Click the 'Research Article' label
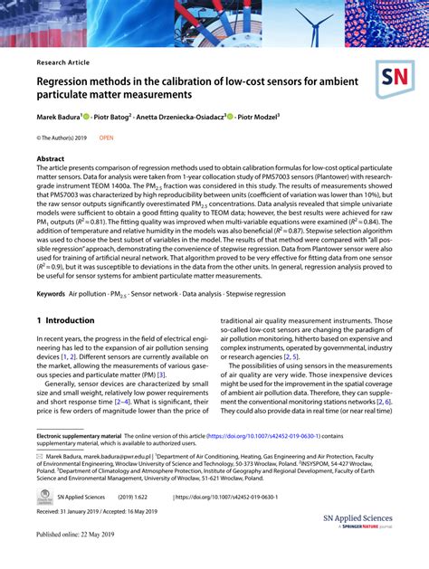click(x=64, y=62)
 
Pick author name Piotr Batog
click(x=113, y=117)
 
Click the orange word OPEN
click(x=106, y=138)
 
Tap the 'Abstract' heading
click(x=51, y=158)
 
